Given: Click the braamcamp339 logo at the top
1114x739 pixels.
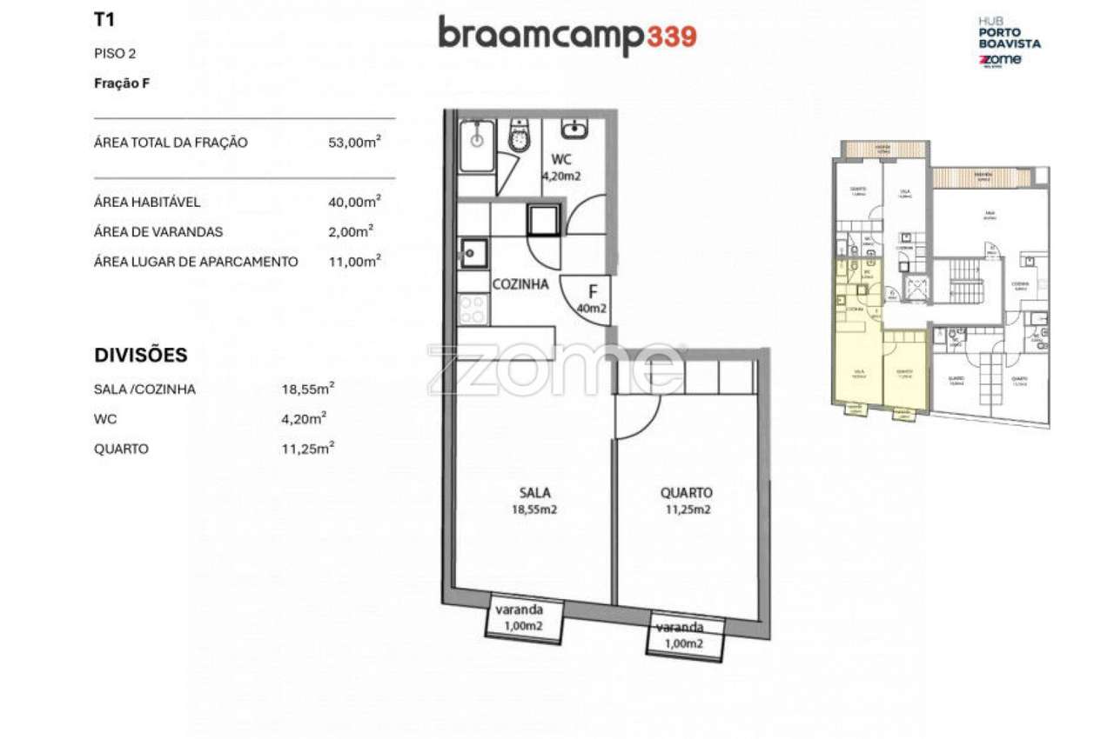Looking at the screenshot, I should (567, 36).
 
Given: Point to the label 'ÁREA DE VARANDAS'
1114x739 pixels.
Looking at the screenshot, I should (158, 232).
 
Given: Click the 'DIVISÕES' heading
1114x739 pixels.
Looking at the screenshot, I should (141, 356).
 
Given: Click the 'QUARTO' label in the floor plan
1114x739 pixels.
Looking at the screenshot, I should (686, 493).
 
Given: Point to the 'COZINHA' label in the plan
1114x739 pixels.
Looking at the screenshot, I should (520, 283).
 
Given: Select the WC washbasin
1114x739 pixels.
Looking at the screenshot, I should (574, 130).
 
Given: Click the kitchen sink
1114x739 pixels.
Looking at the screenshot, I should (474, 254).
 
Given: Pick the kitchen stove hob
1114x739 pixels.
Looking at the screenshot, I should (473, 309).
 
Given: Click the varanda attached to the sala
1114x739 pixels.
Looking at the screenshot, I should (524, 619).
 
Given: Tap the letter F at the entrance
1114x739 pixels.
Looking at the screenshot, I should (593, 291).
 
